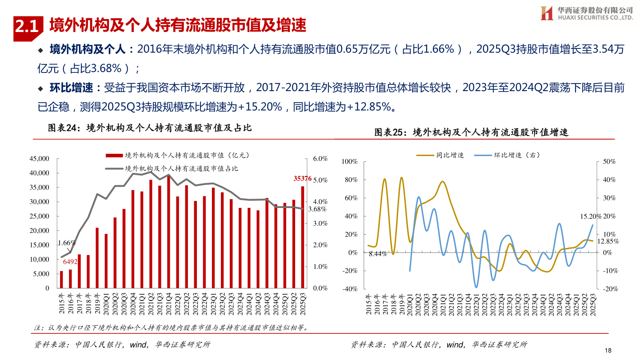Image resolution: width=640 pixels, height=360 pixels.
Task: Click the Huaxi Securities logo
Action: point(546,13)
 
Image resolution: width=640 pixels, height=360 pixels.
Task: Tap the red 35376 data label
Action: point(302,179)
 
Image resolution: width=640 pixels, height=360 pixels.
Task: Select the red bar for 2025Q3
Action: point(303,237)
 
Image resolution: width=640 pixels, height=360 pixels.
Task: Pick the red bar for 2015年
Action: point(61,280)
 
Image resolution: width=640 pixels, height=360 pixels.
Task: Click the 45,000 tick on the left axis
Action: point(40,159)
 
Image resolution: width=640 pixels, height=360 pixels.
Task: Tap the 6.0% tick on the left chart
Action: point(320,159)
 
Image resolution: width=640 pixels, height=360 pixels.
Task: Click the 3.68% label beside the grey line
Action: point(317,209)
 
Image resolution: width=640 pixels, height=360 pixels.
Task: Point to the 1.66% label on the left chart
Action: point(67,243)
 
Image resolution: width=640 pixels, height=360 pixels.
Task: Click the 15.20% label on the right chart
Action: point(591,217)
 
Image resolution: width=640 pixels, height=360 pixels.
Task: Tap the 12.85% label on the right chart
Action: point(608,241)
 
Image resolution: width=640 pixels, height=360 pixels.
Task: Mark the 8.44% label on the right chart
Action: point(378,254)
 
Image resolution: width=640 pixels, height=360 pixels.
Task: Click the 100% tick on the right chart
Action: point(350,162)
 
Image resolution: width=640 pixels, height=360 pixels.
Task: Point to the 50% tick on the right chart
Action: point(609,162)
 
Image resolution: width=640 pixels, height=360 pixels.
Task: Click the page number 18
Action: point(608,350)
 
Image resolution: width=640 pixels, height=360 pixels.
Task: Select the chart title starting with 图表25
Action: point(472,132)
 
